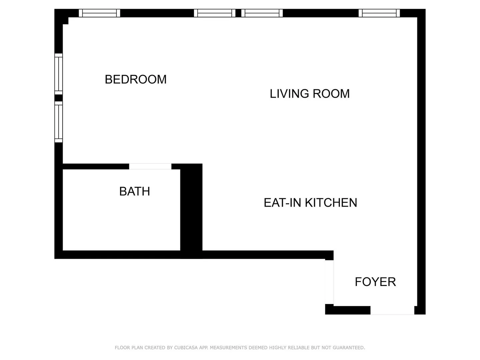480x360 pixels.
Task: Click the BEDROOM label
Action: tap(136, 79)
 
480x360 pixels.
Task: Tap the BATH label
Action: tap(135, 191)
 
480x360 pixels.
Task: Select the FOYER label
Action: tap(375, 282)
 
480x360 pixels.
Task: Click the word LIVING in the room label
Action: tap(289, 94)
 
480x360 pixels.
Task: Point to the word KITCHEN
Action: tap(331, 203)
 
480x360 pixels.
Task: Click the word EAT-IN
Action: tap(283, 203)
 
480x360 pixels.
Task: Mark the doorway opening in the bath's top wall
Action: tap(150, 166)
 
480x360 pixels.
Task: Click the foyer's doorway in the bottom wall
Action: tap(392, 310)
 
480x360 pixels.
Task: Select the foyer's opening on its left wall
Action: tap(329, 282)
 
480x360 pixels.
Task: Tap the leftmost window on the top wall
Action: tap(99, 13)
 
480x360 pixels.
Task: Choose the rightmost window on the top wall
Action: tap(379, 13)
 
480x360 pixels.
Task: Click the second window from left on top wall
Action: tap(215, 13)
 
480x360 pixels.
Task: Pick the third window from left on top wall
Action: tap(262, 13)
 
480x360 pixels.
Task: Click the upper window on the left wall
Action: tap(59, 74)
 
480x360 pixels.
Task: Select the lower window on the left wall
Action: tap(59, 122)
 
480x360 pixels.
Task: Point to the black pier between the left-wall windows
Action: tap(59, 98)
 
